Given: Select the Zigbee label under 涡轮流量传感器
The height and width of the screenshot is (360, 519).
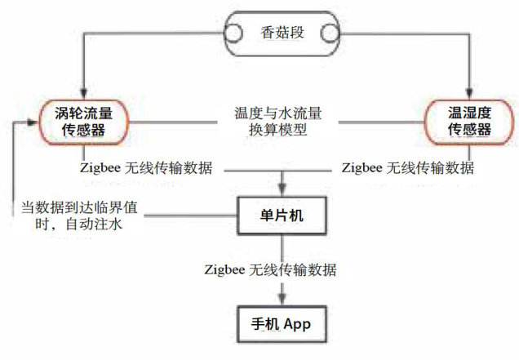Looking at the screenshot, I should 147,169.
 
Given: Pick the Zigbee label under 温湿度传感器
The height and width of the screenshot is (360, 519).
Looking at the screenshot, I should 407,169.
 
